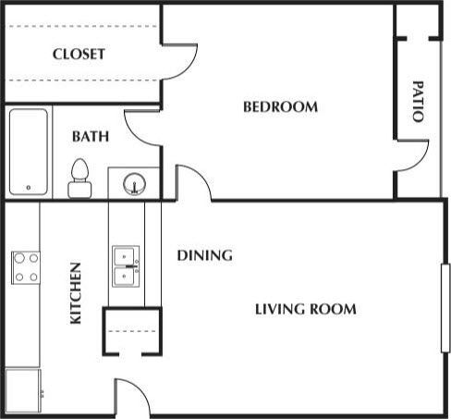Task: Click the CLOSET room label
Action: pyautogui.click(x=79, y=54)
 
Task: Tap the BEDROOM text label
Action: pyautogui.click(x=280, y=107)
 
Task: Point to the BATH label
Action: pyautogui.click(x=91, y=137)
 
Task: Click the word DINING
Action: pyautogui.click(x=204, y=255)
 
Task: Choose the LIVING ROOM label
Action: pyautogui.click(x=305, y=309)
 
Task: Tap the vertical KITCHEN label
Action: pyautogui.click(x=77, y=293)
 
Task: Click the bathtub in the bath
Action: pyautogui.click(x=28, y=152)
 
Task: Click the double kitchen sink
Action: pyautogui.click(x=126, y=265)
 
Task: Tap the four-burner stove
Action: pyautogui.click(x=25, y=267)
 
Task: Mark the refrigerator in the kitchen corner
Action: pyautogui.click(x=22, y=392)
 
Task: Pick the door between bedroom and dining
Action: pyautogui.click(x=191, y=182)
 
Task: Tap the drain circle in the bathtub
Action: pyautogui.click(x=28, y=189)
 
